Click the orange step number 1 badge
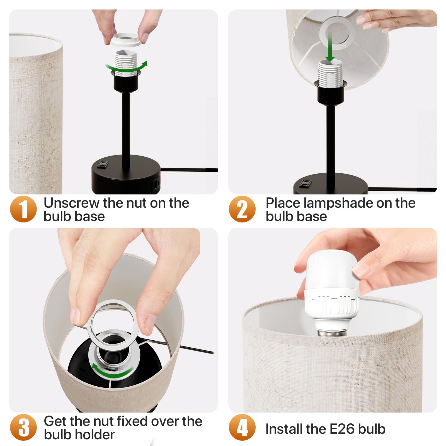[23, 209]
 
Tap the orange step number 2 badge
[242, 209]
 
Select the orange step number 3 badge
[23, 427]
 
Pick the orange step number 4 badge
[242, 427]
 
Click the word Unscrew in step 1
[72, 203]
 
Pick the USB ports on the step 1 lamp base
[156, 185]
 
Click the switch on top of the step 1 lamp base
[102, 165]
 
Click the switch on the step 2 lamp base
[305, 183]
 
